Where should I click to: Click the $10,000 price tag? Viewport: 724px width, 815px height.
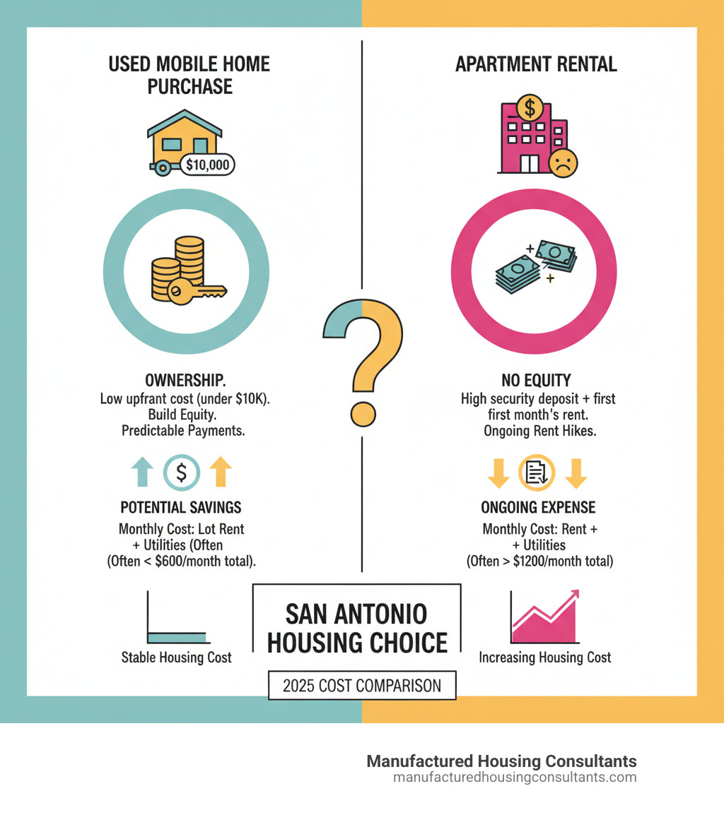point(207,165)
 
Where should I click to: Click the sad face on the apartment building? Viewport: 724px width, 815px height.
point(564,162)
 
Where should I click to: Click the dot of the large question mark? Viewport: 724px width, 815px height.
point(363,412)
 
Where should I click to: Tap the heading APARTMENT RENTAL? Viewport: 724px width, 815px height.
point(536,64)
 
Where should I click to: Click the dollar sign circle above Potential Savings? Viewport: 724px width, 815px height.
point(182,472)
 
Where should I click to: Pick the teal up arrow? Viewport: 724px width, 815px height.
point(143,472)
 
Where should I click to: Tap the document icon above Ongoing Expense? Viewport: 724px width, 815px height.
point(537,472)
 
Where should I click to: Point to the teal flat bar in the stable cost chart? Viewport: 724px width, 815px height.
point(177,637)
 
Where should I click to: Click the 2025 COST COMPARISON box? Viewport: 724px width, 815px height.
point(362,685)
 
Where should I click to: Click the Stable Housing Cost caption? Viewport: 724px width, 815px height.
point(176,658)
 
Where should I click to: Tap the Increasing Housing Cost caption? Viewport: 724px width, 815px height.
point(544,658)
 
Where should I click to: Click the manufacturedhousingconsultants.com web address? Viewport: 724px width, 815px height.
point(514,778)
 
